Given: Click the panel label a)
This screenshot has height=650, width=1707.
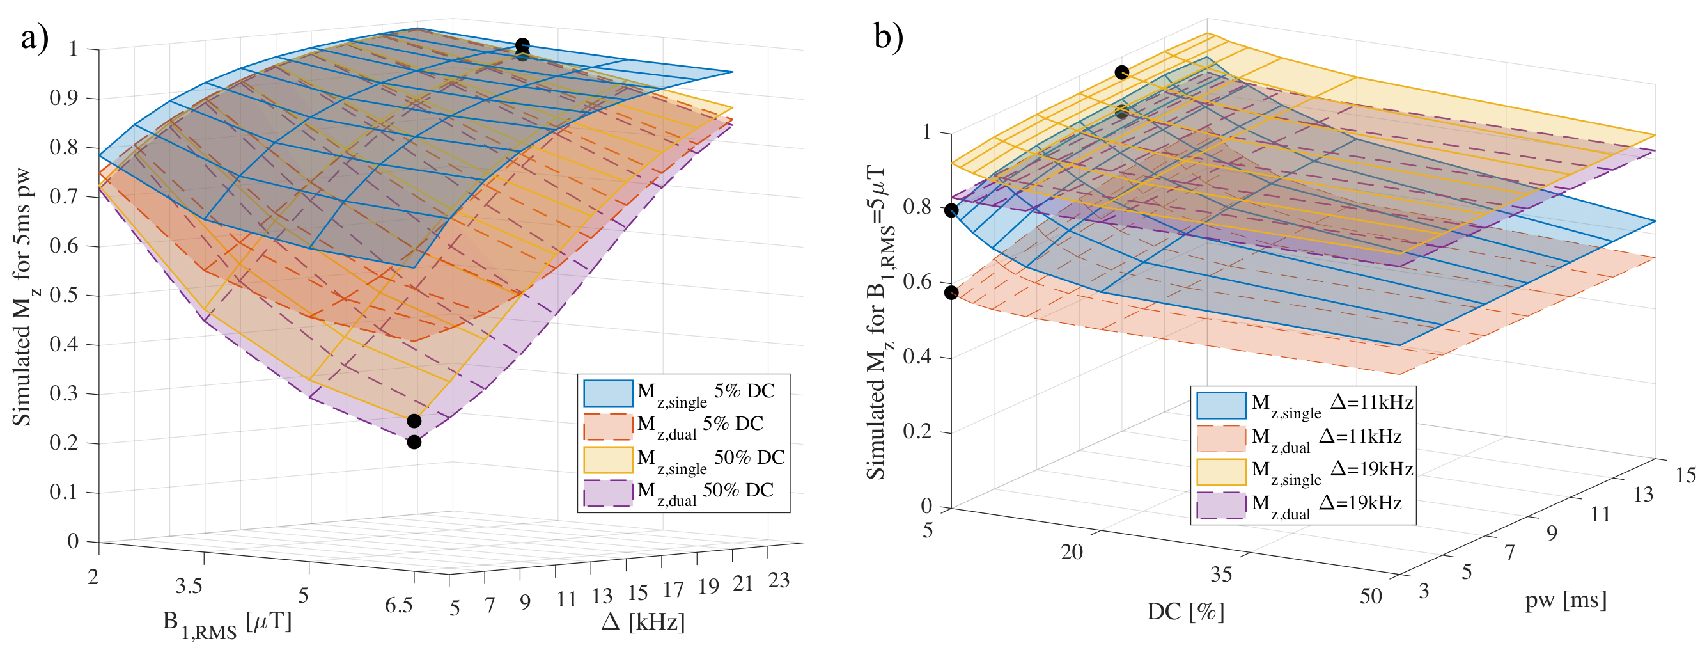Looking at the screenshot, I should tap(35, 38).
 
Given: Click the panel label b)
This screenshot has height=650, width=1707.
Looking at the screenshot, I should tap(889, 36).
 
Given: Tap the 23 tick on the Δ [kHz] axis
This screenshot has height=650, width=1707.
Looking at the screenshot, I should tap(779, 580).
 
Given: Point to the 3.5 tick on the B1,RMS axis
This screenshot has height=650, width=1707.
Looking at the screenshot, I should tap(189, 586).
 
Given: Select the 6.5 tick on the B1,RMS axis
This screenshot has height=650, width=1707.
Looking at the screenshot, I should tap(399, 606).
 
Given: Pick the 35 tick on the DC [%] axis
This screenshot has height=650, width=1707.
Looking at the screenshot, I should tap(1220, 574).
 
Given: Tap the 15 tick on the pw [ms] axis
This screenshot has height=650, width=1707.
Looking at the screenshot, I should tap(1685, 475).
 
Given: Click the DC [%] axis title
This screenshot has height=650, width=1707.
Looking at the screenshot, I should tap(1185, 612).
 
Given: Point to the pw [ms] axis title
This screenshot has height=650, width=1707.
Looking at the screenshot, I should tap(1566, 600).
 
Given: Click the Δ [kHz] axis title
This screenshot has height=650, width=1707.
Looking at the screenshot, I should tap(643, 621).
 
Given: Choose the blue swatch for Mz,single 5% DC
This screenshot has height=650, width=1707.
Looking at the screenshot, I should tap(607, 393).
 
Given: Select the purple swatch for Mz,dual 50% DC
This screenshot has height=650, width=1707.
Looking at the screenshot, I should tap(607, 493).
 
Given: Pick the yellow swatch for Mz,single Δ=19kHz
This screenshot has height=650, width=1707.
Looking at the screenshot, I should tap(1220, 472).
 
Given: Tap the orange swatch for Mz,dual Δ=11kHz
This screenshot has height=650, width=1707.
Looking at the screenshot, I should tap(1220, 438).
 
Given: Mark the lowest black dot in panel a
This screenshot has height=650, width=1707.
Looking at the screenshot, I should tap(414, 443).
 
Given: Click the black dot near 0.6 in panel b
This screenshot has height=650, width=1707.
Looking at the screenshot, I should tap(951, 292).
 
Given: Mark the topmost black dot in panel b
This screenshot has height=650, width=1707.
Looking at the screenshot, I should tap(1121, 72).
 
